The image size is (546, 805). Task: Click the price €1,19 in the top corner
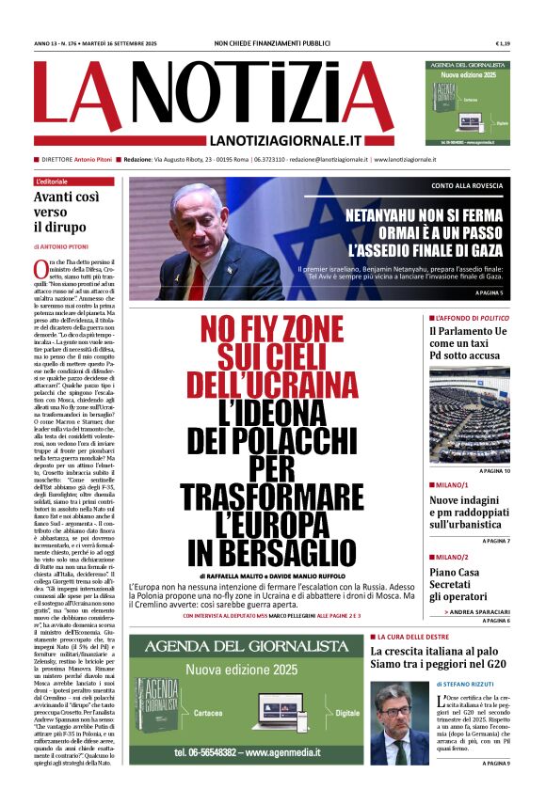point(502,44)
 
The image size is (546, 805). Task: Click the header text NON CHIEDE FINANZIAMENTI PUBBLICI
point(272,44)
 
